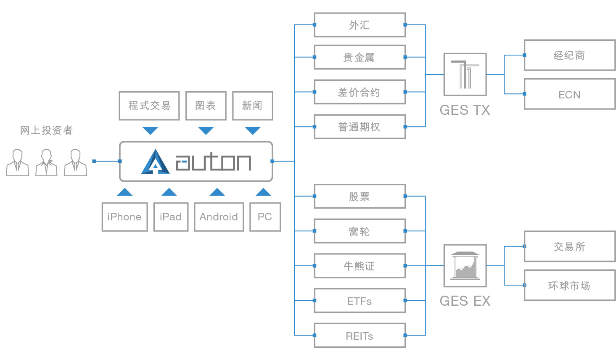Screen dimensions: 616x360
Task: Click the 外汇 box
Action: point(360,25)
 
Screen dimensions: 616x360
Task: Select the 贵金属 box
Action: point(360,57)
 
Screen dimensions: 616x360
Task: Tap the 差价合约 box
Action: point(360,92)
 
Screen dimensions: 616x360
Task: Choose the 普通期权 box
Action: point(360,127)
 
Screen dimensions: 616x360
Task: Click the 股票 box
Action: point(360,196)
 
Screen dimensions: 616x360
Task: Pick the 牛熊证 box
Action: point(360,266)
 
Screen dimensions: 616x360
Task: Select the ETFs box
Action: point(360,301)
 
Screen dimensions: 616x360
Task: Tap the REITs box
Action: point(360,336)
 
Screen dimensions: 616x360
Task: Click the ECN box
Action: point(569,94)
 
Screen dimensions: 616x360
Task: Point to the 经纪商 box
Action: point(569,55)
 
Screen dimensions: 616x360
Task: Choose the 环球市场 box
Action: point(569,285)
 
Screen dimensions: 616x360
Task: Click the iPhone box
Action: point(124,217)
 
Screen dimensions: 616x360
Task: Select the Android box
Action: point(219,217)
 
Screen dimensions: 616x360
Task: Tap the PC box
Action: point(265,217)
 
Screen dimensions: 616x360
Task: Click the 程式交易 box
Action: point(149,106)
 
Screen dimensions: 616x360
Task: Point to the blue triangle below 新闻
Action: point(253,130)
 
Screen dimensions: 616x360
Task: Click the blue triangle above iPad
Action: point(169,192)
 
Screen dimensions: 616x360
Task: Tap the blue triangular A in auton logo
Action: point(156,162)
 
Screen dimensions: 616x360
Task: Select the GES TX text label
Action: point(465,110)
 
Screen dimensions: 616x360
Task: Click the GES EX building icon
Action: point(465,266)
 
